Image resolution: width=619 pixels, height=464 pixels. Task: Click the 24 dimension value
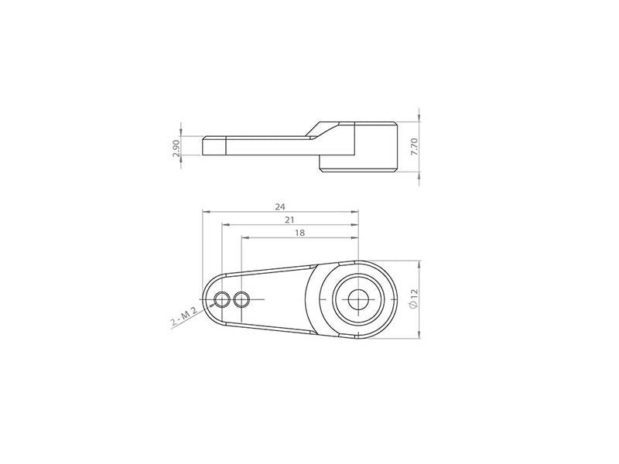coord(280,206)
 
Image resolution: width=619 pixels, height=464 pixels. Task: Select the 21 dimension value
coord(290,220)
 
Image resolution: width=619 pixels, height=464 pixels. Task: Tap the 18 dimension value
coord(300,233)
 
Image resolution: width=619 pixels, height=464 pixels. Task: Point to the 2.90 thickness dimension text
coord(176,148)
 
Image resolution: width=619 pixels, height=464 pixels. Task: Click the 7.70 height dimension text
coord(414,147)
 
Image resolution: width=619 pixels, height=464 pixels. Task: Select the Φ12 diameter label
coord(413,299)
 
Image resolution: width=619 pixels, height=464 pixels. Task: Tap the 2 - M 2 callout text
coord(184,317)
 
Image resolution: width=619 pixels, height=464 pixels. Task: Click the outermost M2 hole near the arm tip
coord(222,300)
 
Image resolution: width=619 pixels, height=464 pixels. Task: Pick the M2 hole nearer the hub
coord(241,300)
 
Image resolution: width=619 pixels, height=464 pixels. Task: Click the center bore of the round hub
coord(358,300)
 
